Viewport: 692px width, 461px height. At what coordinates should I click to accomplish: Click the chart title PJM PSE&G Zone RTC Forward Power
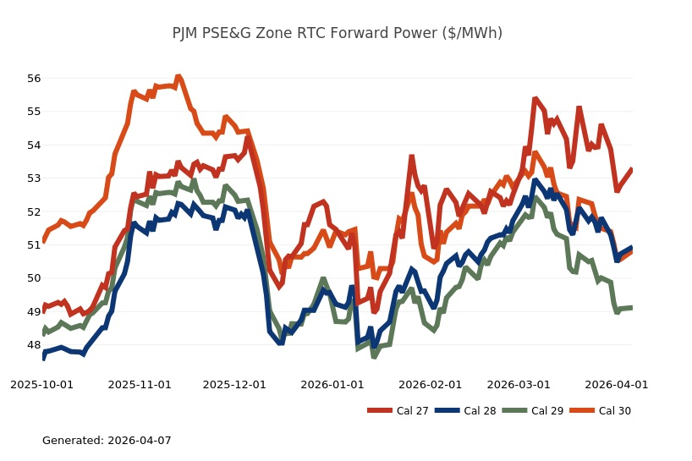click(337, 33)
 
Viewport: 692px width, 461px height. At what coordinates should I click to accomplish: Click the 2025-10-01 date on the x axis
click(41, 384)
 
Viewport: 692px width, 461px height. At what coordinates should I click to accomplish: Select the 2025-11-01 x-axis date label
click(140, 384)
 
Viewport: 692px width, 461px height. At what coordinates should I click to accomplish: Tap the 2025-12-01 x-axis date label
click(234, 384)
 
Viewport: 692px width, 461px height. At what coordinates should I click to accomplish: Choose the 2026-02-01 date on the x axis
click(431, 384)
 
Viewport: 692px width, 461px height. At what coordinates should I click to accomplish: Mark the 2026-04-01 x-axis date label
click(617, 384)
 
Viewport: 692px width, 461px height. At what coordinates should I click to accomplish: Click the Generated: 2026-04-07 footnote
click(107, 441)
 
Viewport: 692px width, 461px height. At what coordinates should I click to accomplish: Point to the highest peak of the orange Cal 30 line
click(178, 76)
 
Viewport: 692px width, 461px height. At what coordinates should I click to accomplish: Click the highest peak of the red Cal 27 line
click(535, 99)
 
